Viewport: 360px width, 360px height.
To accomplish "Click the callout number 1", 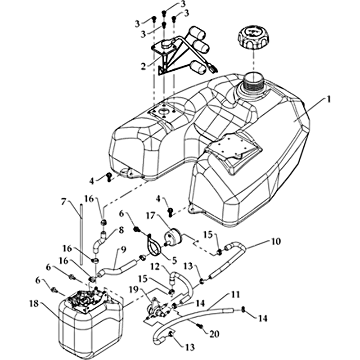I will click(x=329, y=99).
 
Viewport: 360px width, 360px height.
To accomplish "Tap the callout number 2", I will click(x=143, y=66).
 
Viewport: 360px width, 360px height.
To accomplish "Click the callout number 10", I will click(x=276, y=242).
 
